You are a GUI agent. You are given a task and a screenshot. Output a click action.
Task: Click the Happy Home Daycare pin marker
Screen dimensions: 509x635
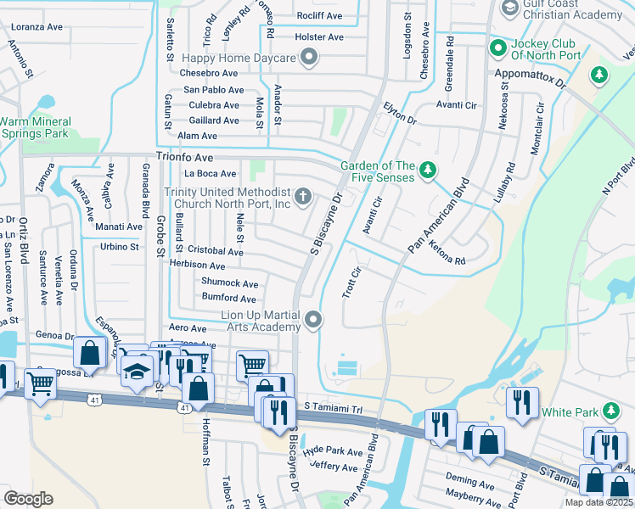pos(310,58)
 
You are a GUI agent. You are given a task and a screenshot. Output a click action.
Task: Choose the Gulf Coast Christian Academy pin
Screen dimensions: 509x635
pos(511,8)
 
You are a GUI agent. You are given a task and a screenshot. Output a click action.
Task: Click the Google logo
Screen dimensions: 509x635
pos(28,499)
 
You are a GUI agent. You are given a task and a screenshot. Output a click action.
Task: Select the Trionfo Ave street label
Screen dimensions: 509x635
pos(184,158)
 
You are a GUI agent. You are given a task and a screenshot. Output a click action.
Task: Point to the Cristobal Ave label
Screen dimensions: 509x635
pos(216,251)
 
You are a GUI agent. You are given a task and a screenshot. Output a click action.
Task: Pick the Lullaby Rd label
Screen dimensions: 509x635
pos(509,183)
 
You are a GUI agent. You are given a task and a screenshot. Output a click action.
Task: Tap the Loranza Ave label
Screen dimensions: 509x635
pos(37,26)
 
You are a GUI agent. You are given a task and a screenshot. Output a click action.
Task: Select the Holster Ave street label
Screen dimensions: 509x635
pos(318,37)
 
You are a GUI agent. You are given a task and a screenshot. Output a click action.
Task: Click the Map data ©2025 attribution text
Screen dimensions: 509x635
pos(599,502)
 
